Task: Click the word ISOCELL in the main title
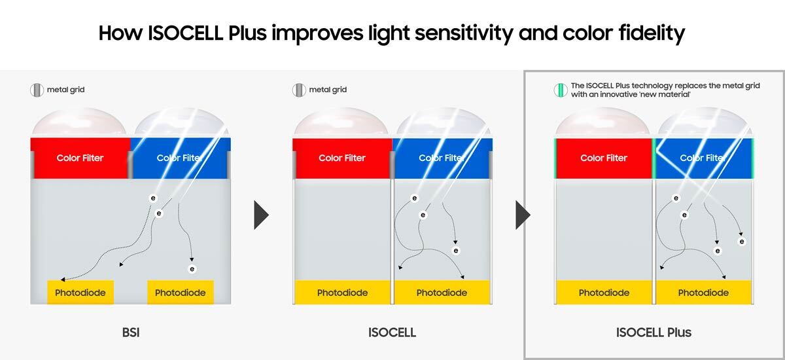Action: [x=185, y=33]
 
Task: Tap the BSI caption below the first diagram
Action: [x=131, y=333]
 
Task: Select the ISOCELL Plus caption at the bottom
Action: [x=654, y=333]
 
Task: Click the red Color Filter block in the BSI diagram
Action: [x=80, y=158]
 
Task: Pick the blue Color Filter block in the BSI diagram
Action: [x=181, y=158]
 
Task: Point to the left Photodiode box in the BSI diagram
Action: [x=80, y=292]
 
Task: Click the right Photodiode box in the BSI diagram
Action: [x=181, y=292]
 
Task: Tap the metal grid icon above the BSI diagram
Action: [x=37, y=90]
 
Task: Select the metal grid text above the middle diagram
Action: [x=328, y=90]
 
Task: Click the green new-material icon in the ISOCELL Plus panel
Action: [x=561, y=90]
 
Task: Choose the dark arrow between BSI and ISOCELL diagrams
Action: [x=262, y=215]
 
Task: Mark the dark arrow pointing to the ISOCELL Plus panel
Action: [x=523, y=215]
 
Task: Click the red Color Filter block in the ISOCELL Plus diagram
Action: [x=604, y=158]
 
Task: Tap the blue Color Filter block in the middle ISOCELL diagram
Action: [x=442, y=158]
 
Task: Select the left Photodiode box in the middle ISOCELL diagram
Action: [x=342, y=292]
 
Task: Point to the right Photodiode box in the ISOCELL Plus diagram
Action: [x=704, y=292]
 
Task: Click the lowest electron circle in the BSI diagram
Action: [x=192, y=269]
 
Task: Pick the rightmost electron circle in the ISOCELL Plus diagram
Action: [x=742, y=242]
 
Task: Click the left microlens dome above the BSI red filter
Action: [x=79, y=121]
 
